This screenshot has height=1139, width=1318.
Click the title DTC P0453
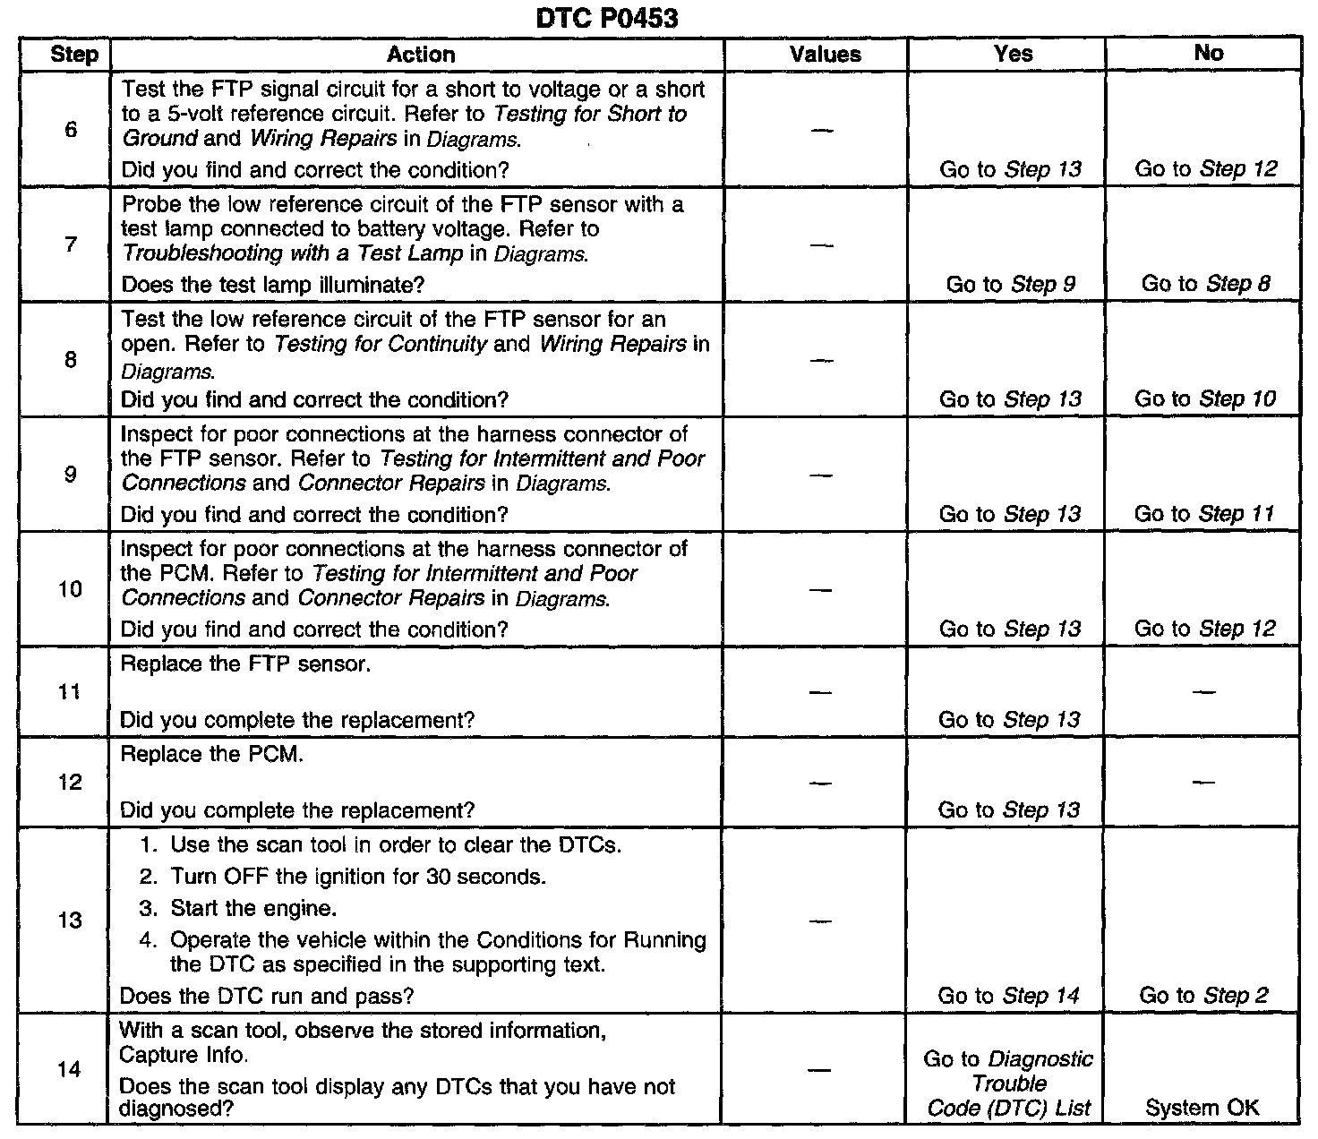[x=606, y=18]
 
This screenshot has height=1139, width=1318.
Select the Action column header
[x=420, y=55]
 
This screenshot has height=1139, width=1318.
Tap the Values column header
[x=825, y=55]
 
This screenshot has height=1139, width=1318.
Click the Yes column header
[x=1013, y=54]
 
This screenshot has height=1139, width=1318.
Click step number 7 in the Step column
[x=71, y=244]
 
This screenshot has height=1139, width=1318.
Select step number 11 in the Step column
[x=71, y=692]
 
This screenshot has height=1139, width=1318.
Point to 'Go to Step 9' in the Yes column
[x=1011, y=285]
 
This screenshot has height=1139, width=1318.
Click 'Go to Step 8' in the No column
[x=1205, y=284]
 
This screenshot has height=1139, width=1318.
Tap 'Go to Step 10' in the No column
[x=1205, y=399]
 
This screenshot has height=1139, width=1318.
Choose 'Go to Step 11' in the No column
[x=1204, y=514]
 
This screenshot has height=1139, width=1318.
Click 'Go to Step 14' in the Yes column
[x=1009, y=996]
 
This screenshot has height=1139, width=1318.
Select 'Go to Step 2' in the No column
[x=1204, y=996]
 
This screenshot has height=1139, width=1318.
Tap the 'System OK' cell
[x=1202, y=1108]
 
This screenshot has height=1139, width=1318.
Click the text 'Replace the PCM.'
[x=212, y=755]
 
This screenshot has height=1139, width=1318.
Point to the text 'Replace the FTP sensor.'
[x=245, y=665]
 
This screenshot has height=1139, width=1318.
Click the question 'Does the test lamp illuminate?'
[x=272, y=285]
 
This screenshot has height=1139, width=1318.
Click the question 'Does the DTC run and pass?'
[x=266, y=996]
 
